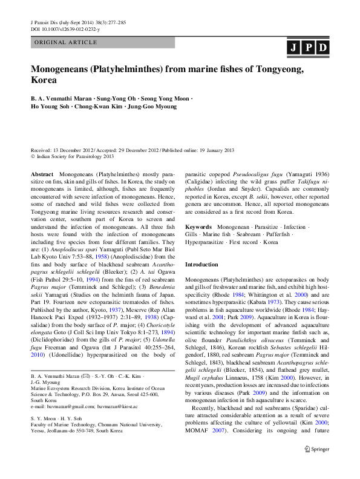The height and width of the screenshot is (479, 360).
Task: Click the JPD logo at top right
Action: (x=307, y=48)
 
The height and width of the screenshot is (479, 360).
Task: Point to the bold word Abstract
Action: (x=42, y=173)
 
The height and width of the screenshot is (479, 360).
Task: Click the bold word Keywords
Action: (x=199, y=226)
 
